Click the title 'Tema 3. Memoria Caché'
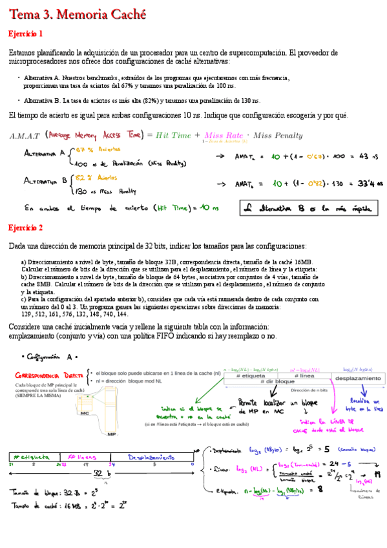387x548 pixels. pyautogui.click(x=77, y=14)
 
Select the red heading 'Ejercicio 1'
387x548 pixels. pyautogui.click(x=26, y=34)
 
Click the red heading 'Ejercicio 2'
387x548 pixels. pyautogui.click(x=26, y=228)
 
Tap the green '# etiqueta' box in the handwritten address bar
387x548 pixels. pyautogui.click(x=34, y=458)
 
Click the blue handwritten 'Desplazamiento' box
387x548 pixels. pyautogui.click(x=151, y=458)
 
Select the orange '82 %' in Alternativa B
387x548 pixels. pyautogui.click(x=82, y=177)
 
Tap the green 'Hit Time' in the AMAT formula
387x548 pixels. pyautogui.click(x=174, y=135)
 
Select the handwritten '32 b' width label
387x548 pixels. pyautogui.click(x=101, y=474)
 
